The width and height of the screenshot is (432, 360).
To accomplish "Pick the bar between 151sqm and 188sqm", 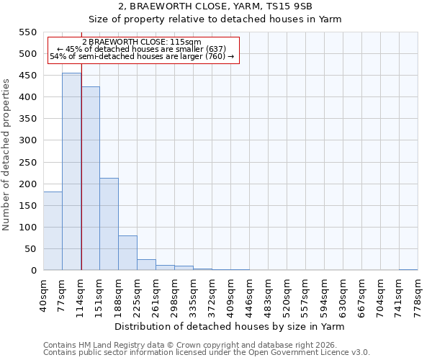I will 109,224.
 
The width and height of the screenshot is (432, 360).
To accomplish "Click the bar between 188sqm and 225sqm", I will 127,253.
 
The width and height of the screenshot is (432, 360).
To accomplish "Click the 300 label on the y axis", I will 27,140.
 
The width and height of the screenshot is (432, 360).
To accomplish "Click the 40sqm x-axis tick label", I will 43,294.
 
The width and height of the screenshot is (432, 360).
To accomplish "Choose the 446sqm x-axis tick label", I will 249,294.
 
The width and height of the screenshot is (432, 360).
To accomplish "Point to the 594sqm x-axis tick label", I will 324,294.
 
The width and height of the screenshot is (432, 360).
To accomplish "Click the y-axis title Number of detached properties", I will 7,155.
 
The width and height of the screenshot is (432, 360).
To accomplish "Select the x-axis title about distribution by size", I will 230,326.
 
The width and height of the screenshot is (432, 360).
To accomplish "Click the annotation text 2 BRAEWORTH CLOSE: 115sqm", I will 142,42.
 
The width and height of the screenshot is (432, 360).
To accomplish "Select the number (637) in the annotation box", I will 215,49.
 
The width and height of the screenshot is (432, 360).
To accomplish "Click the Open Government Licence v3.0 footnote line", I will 207,352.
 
